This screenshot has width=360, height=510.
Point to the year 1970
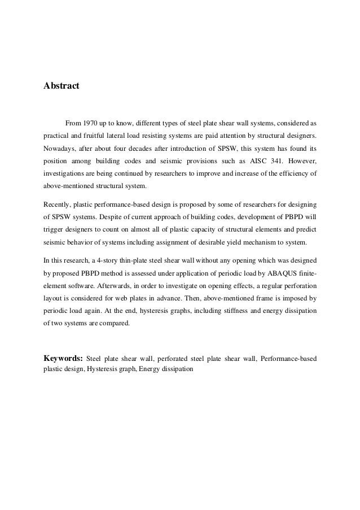[x=90, y=123]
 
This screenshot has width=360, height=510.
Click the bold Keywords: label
[x=63, y=358]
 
